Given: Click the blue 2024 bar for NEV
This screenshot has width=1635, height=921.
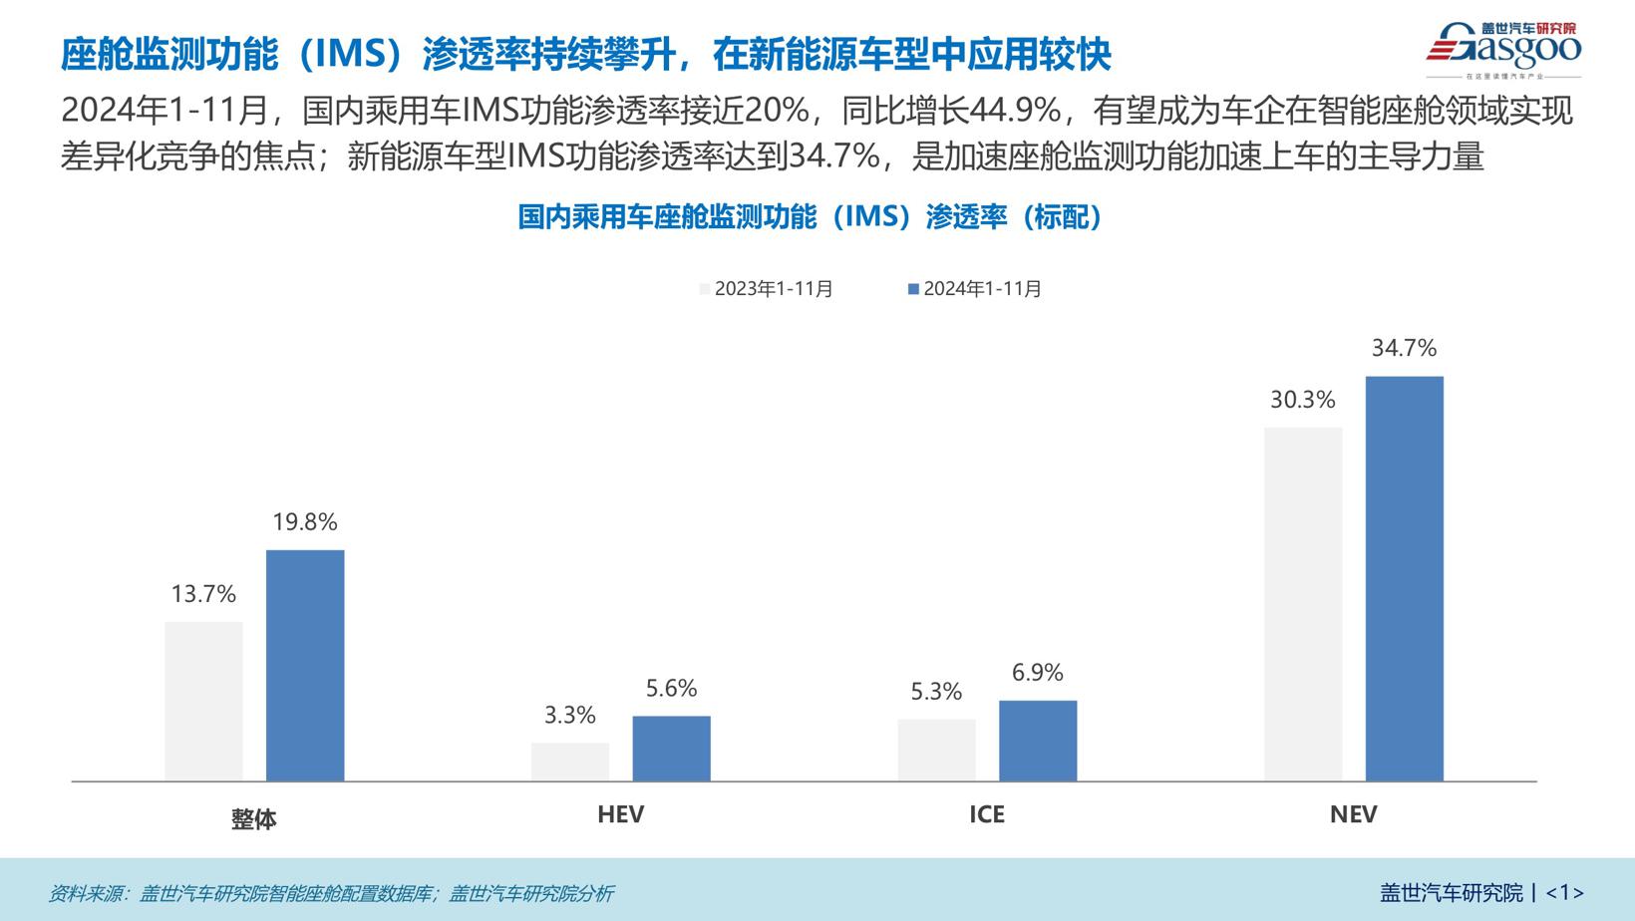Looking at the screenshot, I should (x=1404, y=578).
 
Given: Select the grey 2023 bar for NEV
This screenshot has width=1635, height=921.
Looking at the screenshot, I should (x=1303, y=604).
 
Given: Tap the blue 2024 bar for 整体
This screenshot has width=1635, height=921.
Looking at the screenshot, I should (x=305, y=665).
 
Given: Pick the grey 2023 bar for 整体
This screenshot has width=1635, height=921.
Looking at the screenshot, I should (x=203, y=701).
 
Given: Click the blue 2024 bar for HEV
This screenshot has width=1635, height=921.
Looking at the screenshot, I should (x=671, y=748).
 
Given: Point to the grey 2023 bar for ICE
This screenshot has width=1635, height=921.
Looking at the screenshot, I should (x=936, y=750).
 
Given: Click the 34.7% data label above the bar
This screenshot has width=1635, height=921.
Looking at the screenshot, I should (x=1404, y=348).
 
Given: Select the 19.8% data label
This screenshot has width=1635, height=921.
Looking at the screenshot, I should (x=305, y=521).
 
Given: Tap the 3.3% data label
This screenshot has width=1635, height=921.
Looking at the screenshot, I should (x=569, y=715).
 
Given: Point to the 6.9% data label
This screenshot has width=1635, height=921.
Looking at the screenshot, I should (x=1037, y=673).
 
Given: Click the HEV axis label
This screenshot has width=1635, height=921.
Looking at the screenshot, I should (x=620, y=814).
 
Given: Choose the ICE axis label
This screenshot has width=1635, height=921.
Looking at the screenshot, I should (x=987, y=814).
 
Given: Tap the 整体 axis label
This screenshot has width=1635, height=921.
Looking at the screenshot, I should (x=253, y=819).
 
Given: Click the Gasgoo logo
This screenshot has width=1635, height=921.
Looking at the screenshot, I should (x=1502, y=48).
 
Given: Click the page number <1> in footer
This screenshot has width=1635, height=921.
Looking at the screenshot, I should (x=1564, y=892).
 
